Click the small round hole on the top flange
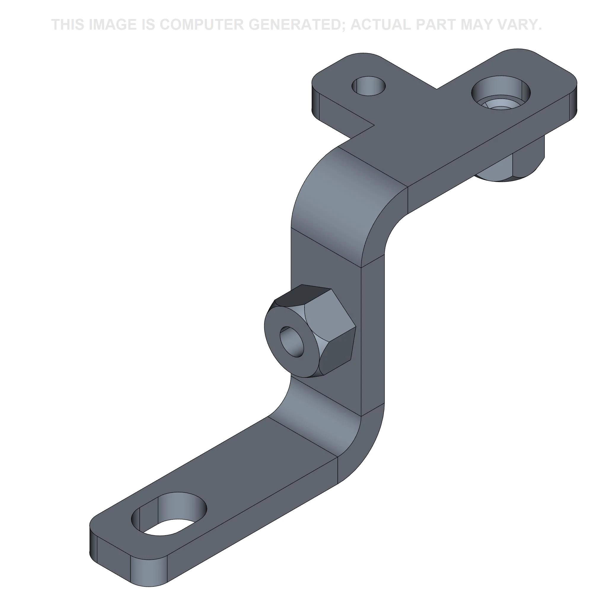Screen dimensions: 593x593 (x=368, y=86)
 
